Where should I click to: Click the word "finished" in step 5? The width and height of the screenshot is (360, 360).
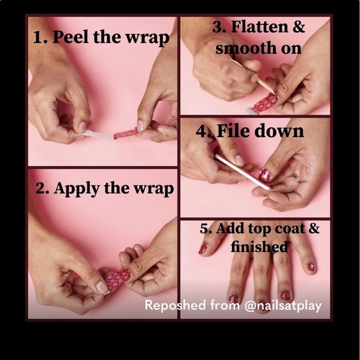click(x=259, y=246)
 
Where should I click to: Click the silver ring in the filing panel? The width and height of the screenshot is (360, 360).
click(x=296, y=178)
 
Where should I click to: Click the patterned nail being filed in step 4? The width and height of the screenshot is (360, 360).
click(x=264, y=176)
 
